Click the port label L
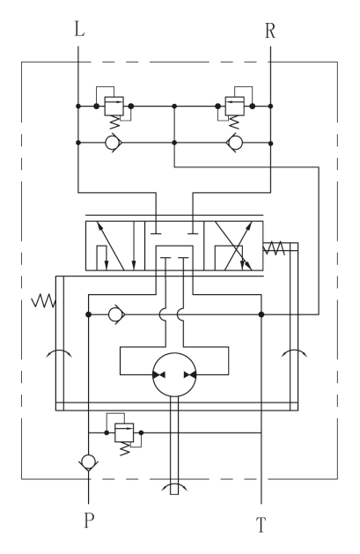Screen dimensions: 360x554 79,29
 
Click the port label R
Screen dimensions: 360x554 270,31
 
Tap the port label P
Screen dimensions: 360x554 89,520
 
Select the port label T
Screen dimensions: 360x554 261,525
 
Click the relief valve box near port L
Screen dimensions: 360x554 114,106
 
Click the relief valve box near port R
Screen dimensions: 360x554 235,106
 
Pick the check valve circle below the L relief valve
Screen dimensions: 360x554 114,143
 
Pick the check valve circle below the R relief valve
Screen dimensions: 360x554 235,143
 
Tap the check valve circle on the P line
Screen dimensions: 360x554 88,462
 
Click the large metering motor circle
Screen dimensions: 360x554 174,374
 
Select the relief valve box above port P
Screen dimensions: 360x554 124,432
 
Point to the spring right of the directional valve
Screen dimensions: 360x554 274,248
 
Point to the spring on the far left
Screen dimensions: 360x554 44,300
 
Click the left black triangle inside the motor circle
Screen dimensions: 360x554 158,375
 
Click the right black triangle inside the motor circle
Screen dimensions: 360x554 190,375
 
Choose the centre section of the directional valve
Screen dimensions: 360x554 174,246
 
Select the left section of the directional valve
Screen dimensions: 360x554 115,246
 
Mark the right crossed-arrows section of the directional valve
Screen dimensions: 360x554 233,246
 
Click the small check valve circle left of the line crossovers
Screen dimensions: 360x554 115,314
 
